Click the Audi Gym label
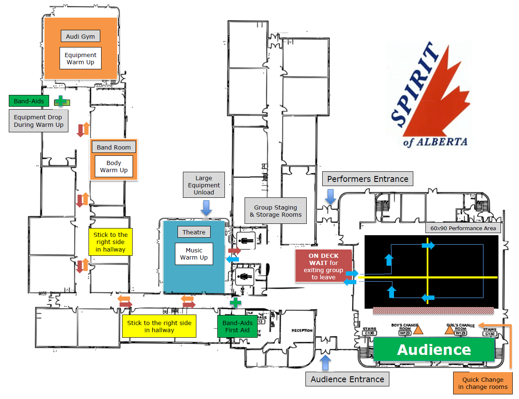[x=81, y=36]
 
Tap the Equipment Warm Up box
[x=81, y=58]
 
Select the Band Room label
[x=114, y=147]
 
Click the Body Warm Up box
[x=114, y=166]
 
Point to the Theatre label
[x=194, y=232]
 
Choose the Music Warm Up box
[x=194, y=254]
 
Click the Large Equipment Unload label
[x=204, y=185]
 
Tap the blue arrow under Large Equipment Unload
[x=206, y=207]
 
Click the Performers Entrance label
[x=368, y=179]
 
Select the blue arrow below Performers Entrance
[x=331, y=197]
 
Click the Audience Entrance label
[x=347, y=379]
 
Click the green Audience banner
[x=434, y=349]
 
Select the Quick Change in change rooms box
[x=482, y=383]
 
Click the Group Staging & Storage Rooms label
[x=276, y=211]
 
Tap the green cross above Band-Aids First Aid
[x=235, y=302]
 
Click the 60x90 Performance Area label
[x=463, y=228]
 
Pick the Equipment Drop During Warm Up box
[x=38, y=121]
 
